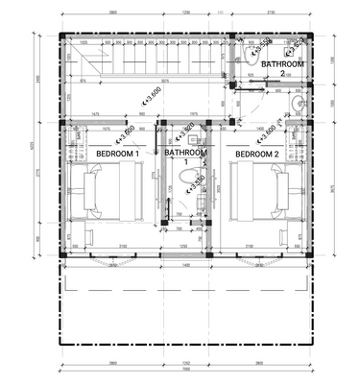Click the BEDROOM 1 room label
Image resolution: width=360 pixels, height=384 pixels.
click(118, 154)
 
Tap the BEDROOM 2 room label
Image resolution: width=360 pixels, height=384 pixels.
click(256, 154)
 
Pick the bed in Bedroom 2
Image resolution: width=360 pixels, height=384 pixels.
click(258, 193)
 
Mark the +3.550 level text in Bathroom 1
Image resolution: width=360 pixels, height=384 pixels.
click(194, 180)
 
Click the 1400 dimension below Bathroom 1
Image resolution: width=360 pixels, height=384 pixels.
click(186, 265)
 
